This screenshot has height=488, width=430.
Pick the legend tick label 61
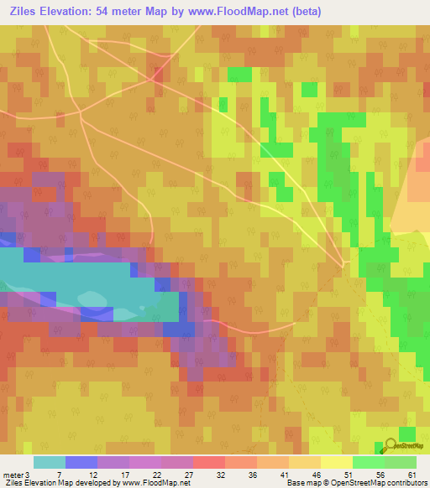[411, 474]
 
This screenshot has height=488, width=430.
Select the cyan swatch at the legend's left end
[49, 462]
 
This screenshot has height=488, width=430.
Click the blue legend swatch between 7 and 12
[81, 462]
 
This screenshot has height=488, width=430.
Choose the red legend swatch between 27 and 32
[208, 462]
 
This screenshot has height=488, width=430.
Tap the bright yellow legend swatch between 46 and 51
[336, 462]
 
